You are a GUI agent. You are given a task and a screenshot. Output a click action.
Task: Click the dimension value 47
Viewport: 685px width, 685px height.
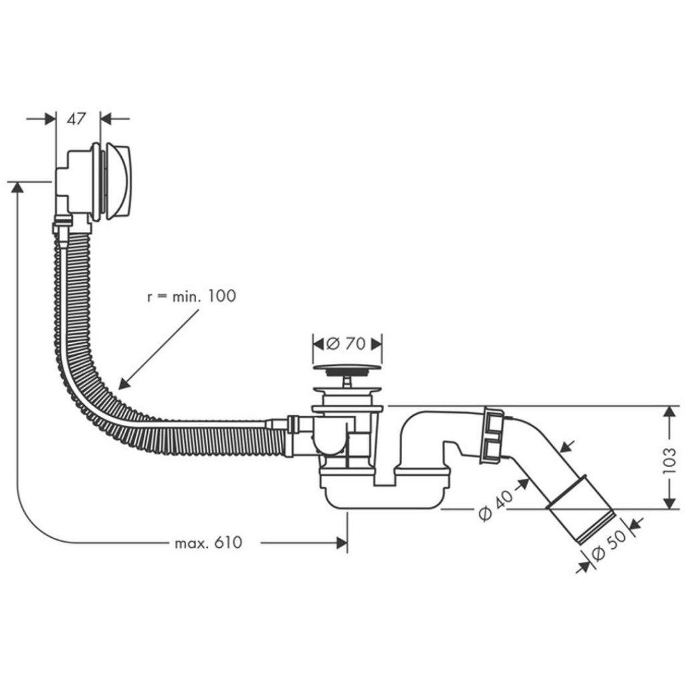coord(77,119)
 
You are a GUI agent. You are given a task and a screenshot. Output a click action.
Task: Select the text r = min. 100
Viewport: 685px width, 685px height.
coord(191,296)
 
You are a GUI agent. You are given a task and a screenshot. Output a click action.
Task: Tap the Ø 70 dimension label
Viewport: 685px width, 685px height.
coord(346,344)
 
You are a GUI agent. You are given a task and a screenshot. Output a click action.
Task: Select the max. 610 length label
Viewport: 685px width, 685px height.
coord(208,543)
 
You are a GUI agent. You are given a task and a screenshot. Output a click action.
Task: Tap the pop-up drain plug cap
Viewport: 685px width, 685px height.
coord(347,368)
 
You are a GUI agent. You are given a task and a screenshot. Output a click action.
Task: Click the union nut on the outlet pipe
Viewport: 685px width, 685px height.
coord(493,435)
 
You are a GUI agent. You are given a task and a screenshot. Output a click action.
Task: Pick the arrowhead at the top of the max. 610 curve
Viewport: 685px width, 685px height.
coord(17,187)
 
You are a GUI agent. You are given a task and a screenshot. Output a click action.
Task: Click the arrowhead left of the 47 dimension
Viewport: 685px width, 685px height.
coord(50,119)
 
